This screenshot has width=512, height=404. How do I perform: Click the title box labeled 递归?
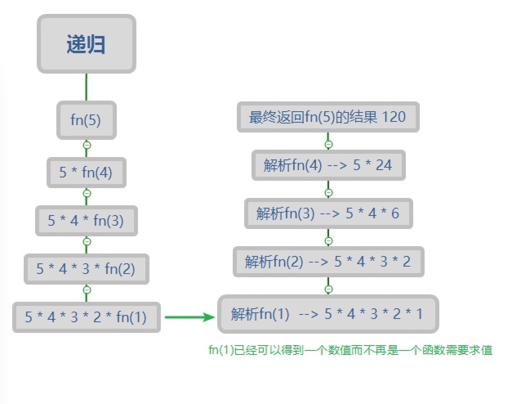click(x=87, y=44)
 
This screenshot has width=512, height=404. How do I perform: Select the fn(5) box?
click(x=87, y=120)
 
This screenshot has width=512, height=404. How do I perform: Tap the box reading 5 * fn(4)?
click(x=87, y=172)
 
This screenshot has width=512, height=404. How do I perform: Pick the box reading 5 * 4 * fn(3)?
click(x=87, y=220)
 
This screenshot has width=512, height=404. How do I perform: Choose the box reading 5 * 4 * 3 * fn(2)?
click(x=87, y=269)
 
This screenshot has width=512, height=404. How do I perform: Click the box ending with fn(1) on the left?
click(x=87, y=317)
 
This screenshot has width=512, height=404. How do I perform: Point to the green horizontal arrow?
click(x=189, y=317)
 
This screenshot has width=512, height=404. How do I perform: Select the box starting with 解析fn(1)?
click(x=328, y=314)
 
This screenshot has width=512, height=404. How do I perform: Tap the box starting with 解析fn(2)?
click(x=329, y=261)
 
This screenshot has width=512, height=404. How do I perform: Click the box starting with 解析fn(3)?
click(x=329, y=213)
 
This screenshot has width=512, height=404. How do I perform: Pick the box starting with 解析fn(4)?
click(x=329, y=165)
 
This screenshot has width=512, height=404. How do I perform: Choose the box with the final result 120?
click(x=328, y=117)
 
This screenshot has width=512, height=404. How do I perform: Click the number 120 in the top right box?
click(x=394, y=117)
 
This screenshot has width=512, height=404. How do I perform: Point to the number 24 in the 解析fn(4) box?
click(x=384, y=165)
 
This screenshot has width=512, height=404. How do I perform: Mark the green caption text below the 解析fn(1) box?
click(x=350, y=350)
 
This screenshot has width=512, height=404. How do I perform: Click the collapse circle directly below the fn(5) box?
click(x=87, y=145)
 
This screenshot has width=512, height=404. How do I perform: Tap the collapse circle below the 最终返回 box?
click(x=329, y=144)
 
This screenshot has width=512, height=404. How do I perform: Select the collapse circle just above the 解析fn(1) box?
click(x=329, y=289)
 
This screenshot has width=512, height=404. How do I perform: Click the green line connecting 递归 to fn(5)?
click(x=86, y=87)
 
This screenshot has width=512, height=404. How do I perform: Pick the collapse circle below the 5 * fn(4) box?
click(x=87, y=193)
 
